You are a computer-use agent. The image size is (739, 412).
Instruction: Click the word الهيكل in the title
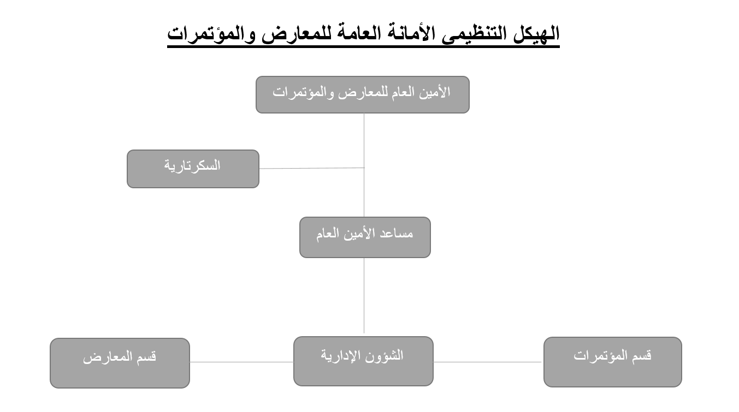coord(536,34)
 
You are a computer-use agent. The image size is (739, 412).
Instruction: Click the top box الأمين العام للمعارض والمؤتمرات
coord(363,94)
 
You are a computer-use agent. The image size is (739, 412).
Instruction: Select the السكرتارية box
coord(193,169)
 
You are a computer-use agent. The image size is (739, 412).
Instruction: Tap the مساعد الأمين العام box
coord(365,237)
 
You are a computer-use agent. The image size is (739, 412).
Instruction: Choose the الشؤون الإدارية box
coord(363,361)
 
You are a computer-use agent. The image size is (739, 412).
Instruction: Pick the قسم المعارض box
coord(120,363)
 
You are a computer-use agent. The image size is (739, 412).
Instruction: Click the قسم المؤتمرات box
coord(613,362)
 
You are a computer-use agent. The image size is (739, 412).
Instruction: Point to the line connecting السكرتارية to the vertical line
coord(312,168)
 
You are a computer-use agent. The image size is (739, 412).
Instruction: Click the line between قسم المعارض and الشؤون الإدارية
coord(241,362)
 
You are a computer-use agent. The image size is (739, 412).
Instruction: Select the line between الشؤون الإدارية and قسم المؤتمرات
coord(487,362)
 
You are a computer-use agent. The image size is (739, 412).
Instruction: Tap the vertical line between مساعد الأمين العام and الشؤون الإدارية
coord(364,295)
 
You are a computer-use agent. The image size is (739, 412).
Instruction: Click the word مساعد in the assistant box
coord(397,234)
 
